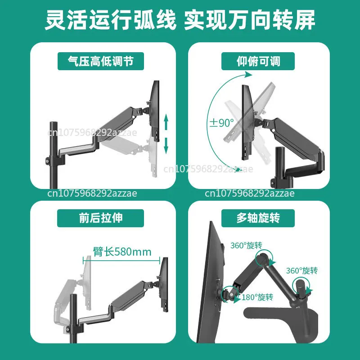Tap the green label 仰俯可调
point(258,61)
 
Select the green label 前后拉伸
point(96,218)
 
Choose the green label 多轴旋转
point(258,218)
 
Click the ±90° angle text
point(221,122)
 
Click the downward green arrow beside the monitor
point(166,145)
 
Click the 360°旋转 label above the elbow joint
point(246,245)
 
